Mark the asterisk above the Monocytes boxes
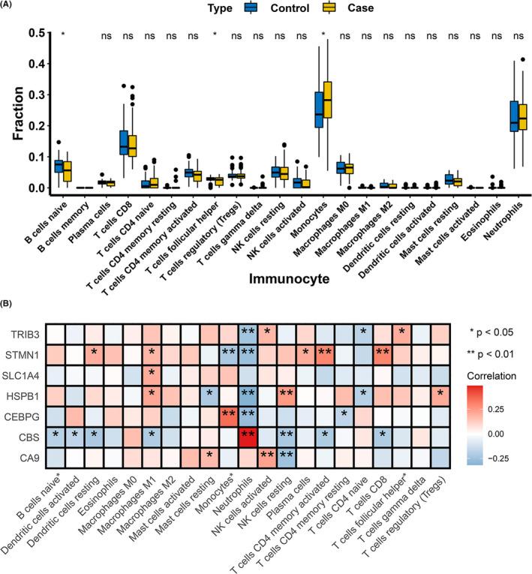323,35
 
